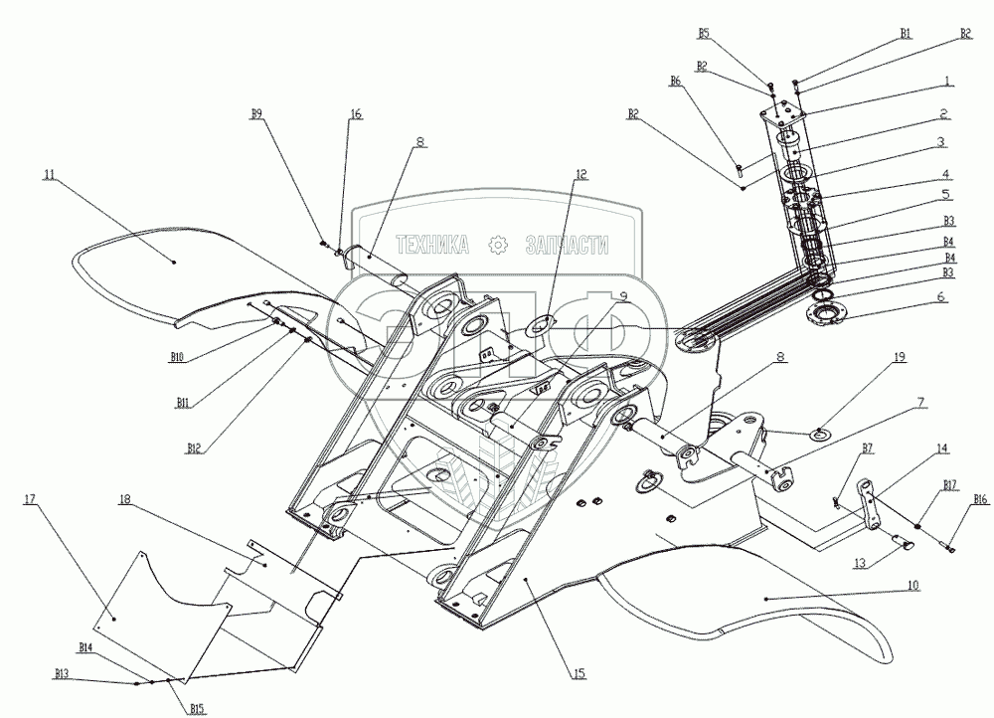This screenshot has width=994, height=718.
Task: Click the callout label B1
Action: [x=906, y=32]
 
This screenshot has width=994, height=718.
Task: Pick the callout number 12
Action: [x=580, y=174]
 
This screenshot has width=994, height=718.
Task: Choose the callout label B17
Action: [x=950, y=484]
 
